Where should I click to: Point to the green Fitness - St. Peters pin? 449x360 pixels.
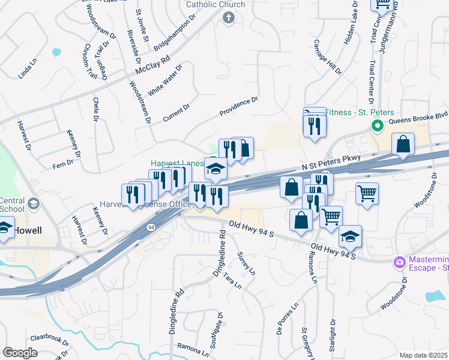pyautogui.click(x=378, y=126)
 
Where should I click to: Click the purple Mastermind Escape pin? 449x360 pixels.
pyautogui.click(x=399, y=262)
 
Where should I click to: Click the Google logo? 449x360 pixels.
pyautogui.click(x=20, y=352)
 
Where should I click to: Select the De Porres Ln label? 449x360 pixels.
pyautogui.click(x=288, y=327)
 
